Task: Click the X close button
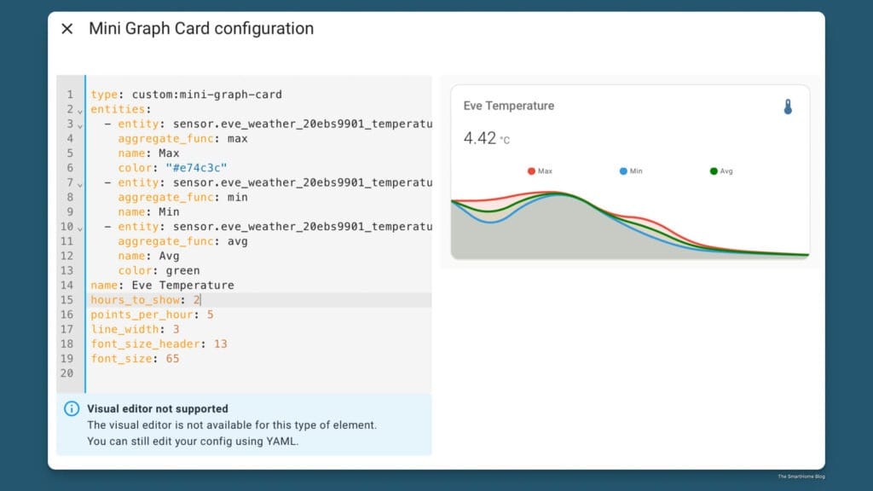67,29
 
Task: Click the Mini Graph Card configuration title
201,29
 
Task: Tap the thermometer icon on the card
788,107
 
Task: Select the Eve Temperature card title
508,106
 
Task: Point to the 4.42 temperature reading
479,138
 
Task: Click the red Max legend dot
531,171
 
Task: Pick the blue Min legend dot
623,171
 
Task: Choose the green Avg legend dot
714,171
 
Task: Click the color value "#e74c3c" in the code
196,168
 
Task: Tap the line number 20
67,373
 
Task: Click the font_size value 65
172,359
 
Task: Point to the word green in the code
182,271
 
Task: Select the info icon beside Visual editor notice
72,409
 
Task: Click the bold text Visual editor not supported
158,408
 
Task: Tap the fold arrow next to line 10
80,228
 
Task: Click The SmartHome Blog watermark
801,477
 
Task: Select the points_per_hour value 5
210,315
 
